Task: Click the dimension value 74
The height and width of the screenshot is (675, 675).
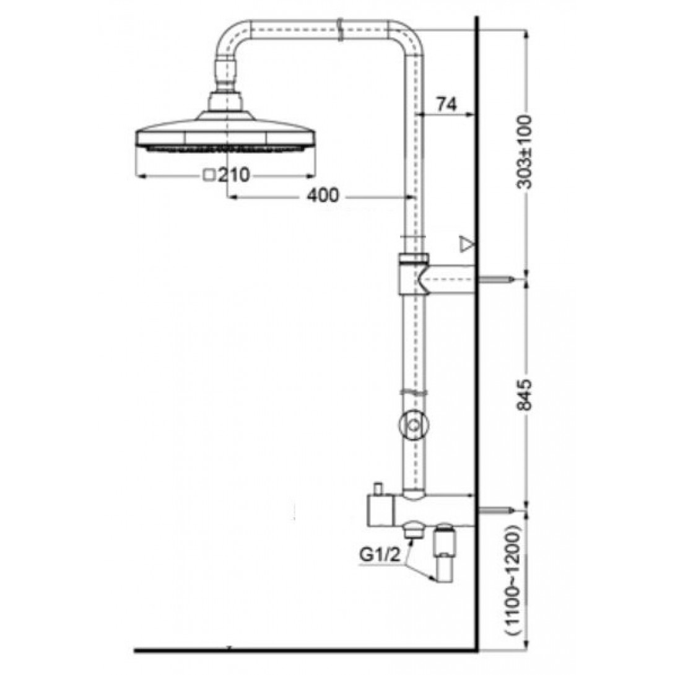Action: point(446,105)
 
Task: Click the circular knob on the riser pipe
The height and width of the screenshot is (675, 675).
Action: point(413,425)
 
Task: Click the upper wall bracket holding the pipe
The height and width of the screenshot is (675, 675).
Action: point(433,276)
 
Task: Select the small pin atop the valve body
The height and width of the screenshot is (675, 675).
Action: point(377,487)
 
